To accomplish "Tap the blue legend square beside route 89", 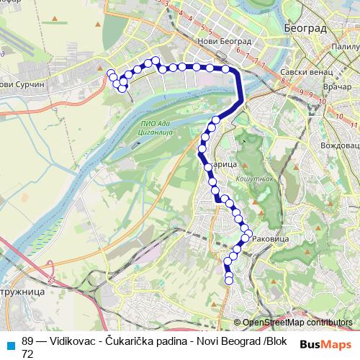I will [x=10, y=344].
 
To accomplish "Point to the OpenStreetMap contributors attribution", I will [x=297, y=323].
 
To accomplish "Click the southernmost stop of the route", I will [x=230, y=281].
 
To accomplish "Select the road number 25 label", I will [x=51, y=278].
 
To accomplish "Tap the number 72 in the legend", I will [x=27, y=354].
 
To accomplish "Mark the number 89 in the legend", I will [x=28, y=341].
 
